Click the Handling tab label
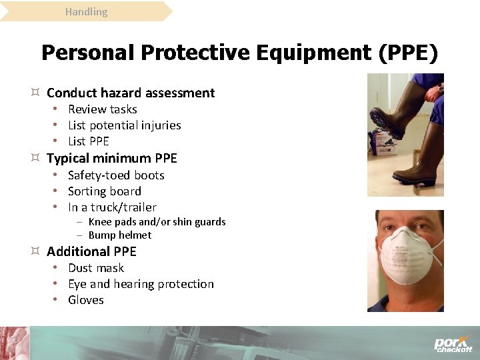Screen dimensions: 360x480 click(86, 12)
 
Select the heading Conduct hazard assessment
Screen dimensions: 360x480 click(131, 93)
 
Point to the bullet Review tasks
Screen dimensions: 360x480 click(102, 109)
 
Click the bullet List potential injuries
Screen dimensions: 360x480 click(124, 125)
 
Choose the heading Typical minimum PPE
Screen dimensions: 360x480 click(112, 158)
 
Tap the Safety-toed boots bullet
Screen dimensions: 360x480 click(116, 175)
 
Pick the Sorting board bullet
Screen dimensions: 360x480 click(105, 191)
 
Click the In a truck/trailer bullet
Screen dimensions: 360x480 click(112, 207)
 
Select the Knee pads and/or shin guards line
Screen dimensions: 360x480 click(157, 222)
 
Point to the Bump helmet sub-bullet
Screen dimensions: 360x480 click(119, 235)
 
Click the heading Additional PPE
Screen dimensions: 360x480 click(91, 251)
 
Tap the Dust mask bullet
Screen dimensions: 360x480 click(96, 268)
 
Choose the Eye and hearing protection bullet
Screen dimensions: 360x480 click(141, 284)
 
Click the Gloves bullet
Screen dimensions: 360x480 click(86, 300)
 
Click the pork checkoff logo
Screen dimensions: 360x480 click(453, 343)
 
